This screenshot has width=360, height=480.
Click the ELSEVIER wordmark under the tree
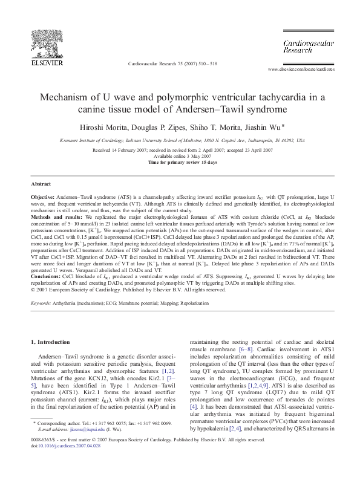(x=48, y=62)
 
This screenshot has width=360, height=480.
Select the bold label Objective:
(x=44, y=198)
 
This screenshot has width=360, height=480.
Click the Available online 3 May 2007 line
(x=180, y=157)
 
